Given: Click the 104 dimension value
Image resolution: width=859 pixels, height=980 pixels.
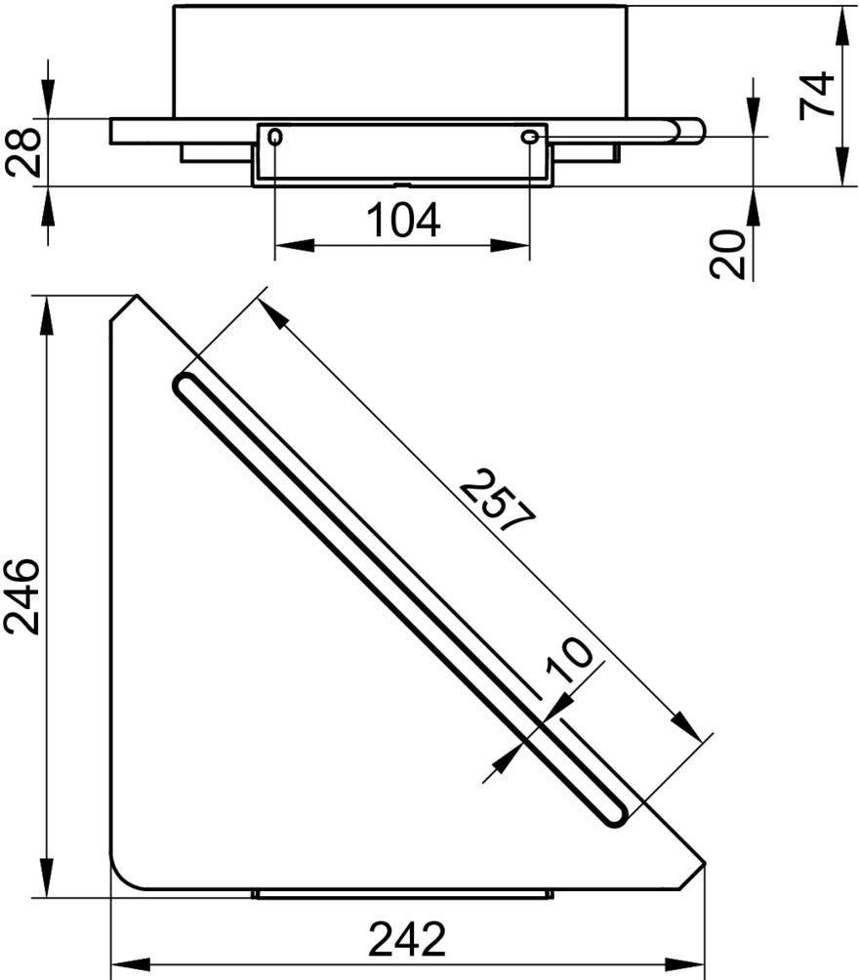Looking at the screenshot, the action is point(402,221).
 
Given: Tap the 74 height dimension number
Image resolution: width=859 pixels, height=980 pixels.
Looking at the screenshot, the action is point(818,95).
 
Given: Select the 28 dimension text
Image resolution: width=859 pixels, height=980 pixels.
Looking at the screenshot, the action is point(23,152).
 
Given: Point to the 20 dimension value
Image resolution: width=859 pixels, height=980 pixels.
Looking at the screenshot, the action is point(728,254).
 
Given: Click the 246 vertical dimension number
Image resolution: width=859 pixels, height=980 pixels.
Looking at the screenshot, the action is point(21,596).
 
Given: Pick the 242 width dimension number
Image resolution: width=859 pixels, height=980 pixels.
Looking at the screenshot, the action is point(407,939).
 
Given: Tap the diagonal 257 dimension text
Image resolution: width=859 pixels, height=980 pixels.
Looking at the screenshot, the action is point(498,500).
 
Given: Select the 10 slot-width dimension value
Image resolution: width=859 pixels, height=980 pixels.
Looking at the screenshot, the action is point(568,660).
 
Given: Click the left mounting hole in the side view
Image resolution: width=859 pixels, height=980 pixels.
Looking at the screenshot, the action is point(275,137).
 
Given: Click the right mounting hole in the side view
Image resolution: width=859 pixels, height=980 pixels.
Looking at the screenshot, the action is point(529,137).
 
